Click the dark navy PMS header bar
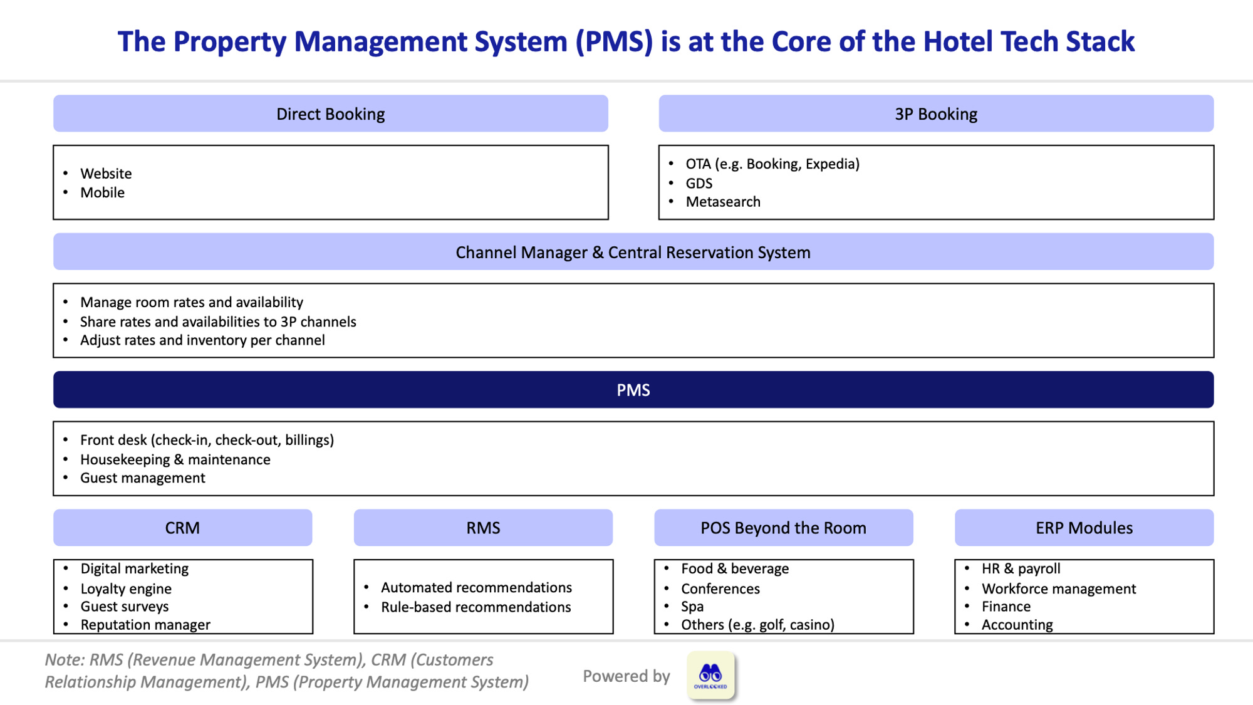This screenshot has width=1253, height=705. click(x=633, y=390)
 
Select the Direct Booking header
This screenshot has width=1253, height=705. click(x=330, y=114)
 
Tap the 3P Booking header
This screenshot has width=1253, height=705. click(x=936, y=114)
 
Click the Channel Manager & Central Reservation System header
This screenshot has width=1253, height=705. click(x=633, y=252)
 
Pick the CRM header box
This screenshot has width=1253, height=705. click(x=182, y=528)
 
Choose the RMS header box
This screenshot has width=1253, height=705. click(x=483, y=528)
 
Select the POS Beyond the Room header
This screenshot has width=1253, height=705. click(x=783, y=528)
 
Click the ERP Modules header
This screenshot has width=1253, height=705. click(x=1084, y=528)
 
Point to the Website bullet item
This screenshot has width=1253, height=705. click(x=106, y=174)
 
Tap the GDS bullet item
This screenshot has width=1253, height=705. click(x=699, y=184)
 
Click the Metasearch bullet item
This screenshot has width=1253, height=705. click(x=723, y=202)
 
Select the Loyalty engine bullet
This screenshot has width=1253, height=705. click(x=126, y=589)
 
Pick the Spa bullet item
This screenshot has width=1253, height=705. click(x=692, y=607)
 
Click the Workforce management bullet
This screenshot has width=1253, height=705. click(x=1059, y=589)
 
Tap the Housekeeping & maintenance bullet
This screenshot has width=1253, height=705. click(x=175, y=459)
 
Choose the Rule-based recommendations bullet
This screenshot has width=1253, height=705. click(x=476, y=607)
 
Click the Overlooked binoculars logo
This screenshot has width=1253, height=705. click(x=710, y=676)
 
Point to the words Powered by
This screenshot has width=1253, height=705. click(x=626, y=676)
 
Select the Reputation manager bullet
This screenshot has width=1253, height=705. click(x=145, y=625)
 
